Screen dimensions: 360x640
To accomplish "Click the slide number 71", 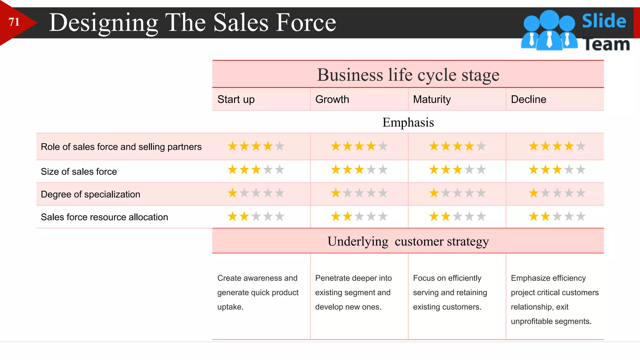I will coord(14,22).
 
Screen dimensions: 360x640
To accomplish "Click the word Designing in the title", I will coord(103,23).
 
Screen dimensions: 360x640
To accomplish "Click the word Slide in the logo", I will coord(604,21).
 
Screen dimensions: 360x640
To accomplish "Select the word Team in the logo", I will coord(606,44).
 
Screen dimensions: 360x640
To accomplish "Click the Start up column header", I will coord(236,99).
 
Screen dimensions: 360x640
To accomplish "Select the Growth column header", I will coord(332,99).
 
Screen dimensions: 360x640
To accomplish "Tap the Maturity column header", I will coord(432,99).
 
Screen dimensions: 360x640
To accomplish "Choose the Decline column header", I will coord(528,99).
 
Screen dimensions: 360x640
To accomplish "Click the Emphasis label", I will coord(408,122).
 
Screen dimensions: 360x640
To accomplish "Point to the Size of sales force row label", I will coord(79,172).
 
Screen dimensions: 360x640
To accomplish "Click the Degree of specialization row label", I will coord(90,194).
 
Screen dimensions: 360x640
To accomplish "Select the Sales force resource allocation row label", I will coord(104,217).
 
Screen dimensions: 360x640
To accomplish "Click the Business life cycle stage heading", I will coord(408,75).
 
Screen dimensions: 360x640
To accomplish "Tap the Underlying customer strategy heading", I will coord(408,241).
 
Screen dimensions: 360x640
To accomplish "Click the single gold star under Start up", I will coord(232,193).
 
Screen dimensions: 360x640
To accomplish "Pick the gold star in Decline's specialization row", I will coord(534,193).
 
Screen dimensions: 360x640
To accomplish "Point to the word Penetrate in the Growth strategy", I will coord(331,278).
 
